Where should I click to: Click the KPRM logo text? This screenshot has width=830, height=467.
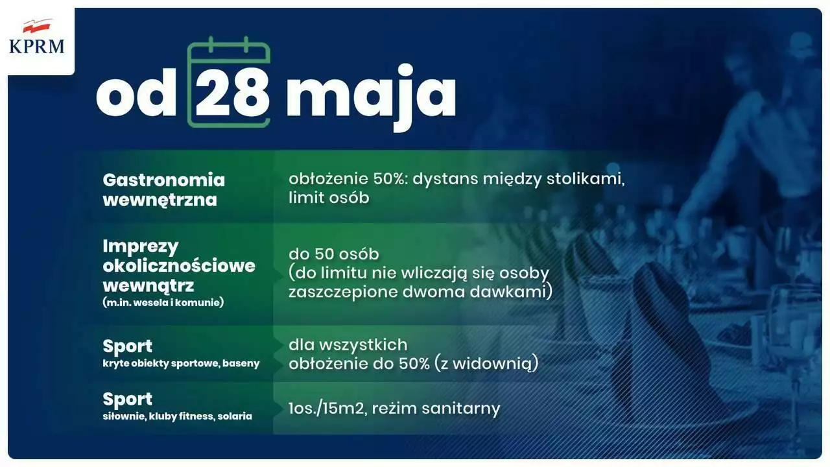[37, 47]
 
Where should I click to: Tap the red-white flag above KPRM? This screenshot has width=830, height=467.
[37, 26]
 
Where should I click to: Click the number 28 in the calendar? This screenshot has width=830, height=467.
[233, 94]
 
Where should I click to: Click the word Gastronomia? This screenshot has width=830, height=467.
[164, 180]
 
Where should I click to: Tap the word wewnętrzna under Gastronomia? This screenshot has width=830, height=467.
[160, 200]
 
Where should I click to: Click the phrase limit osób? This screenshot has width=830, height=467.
[329, 198]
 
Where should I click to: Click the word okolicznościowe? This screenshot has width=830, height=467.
[179, 266]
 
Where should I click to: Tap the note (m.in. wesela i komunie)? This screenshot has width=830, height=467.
[163, 302]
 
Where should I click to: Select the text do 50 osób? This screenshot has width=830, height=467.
[334, 254]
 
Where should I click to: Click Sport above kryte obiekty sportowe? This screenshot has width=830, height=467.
[128, 347]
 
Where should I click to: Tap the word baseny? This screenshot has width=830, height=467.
[241, 364]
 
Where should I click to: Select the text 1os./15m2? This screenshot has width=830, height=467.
[326, 409]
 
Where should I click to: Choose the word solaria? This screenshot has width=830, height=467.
[235, 416]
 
